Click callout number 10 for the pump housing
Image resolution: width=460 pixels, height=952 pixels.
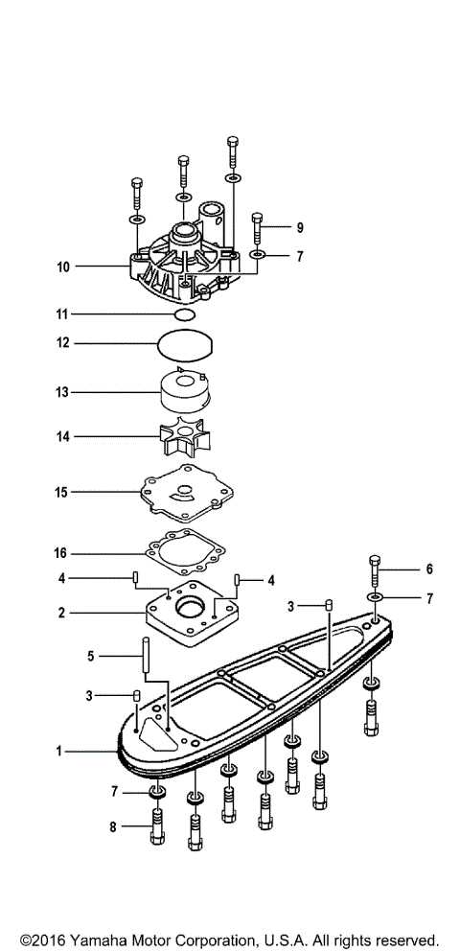click(x=63, y=267)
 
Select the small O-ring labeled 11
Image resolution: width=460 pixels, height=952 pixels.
click(x=186, y=314)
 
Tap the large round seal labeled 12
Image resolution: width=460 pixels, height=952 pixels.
click(x=185, y=343)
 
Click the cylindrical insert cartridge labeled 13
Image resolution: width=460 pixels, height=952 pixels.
click(x=184, y=391)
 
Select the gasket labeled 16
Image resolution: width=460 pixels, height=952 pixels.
click(x=186, y=553)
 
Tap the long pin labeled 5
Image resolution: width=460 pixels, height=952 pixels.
click(x=146, y=658)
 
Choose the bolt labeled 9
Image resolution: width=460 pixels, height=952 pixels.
click(x=258, y=229)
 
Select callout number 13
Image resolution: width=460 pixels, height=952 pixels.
click(x=63, y=391)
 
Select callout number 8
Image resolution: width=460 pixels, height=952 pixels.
click(x=114, y=825)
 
